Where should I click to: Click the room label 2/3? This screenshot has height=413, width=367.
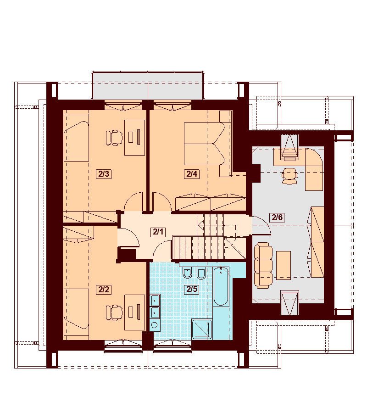(104, 174)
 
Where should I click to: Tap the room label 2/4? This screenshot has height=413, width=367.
(192, 174)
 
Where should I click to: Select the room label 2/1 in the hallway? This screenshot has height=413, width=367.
(158, 232)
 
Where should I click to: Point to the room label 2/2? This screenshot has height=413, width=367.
(104, 290)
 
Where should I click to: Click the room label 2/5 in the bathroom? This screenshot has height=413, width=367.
(192, 289)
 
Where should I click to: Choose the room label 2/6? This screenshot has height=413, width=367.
(277, 218)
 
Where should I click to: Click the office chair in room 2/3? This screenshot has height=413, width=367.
(114, 137)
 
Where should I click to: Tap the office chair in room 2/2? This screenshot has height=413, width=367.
(114, 313)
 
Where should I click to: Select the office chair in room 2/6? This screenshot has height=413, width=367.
(289, 176)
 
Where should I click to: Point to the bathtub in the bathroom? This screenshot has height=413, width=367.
(221, 286)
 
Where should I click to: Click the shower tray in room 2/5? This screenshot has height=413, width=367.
(202, 329)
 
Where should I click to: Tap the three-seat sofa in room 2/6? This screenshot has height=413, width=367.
(263, 265)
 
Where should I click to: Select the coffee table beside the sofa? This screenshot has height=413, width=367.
(284, 265)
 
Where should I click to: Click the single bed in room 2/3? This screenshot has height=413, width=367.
(76, 138)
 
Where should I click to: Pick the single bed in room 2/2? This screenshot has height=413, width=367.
(76, 313)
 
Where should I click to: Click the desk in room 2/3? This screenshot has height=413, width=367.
(134, 138)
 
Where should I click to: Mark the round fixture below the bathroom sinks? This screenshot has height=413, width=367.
(155, 325)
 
